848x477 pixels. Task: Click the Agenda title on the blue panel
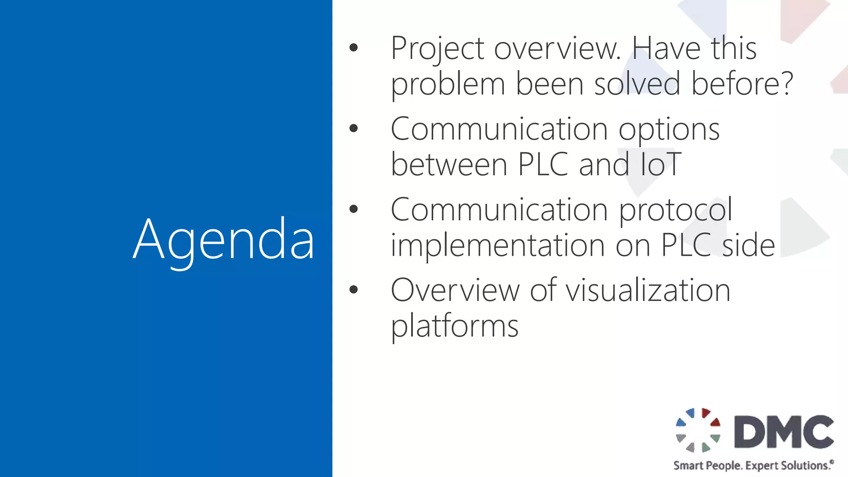[x=224, y=240]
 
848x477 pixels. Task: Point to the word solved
[x=637, y=84]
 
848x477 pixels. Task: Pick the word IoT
[x=660, y=165]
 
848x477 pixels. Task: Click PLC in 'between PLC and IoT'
[x=543, y=165]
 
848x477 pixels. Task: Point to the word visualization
[x=648, y=291]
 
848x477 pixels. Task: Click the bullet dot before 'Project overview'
[x=353, y=48]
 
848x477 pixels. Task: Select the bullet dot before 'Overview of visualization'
[x=353, y=289]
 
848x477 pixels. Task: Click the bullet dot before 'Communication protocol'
[x=353, y=209]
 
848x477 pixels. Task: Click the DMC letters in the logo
[x=784, y=432]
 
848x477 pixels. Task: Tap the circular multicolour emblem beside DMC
[x=698, y=430]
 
